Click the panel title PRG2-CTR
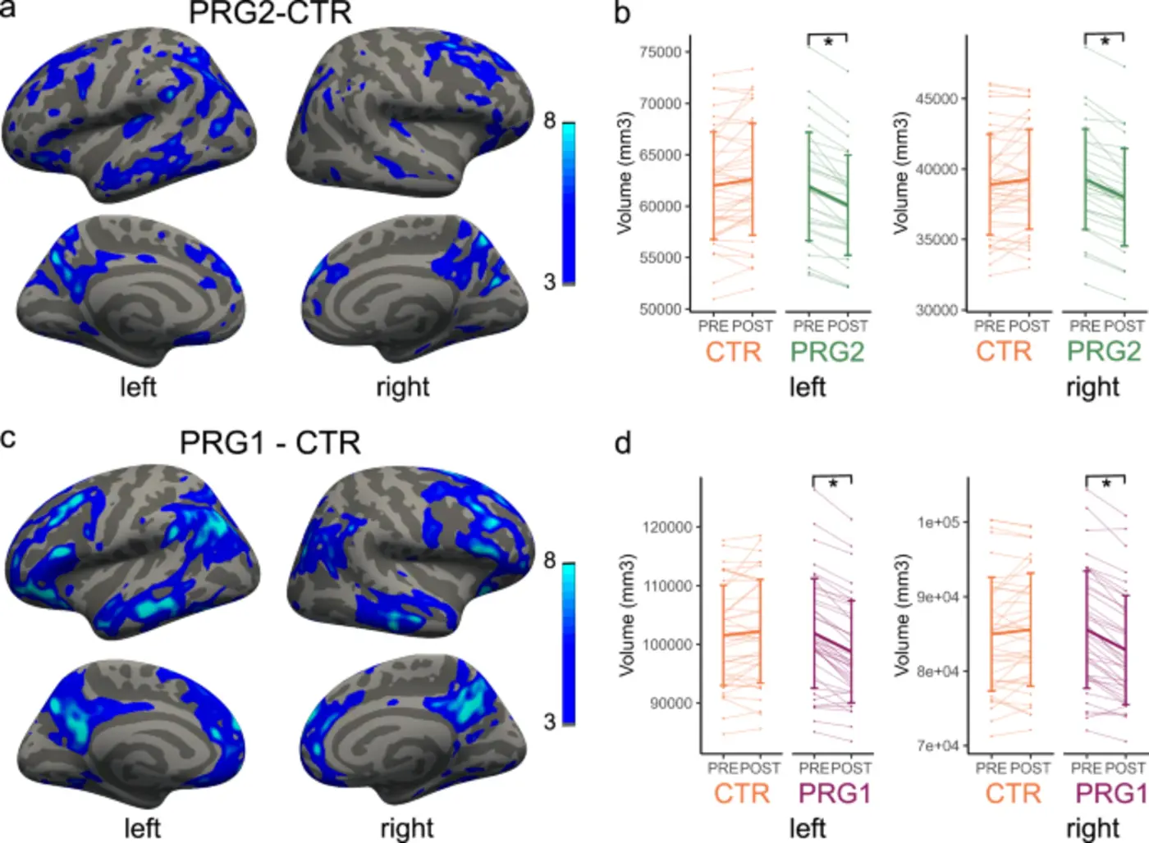[270, 13]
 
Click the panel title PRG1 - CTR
[270, 444]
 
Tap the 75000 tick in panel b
[660, 52]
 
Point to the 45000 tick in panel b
[936, 99]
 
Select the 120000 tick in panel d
[666, 527]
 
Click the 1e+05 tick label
[938, 522]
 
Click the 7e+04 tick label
[938, 745]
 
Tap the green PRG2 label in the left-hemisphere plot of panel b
[826, 352]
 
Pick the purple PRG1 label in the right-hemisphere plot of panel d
[1110, 793]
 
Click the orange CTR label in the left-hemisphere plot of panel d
[741, 793]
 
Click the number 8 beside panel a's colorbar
[549, 121]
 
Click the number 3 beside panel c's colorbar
[549, 722]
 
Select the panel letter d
[623, 444]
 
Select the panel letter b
[623, 13]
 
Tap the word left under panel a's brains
[138, 386]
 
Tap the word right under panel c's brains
[406, 827]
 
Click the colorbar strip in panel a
[568, 203]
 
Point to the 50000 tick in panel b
[660, 309]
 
